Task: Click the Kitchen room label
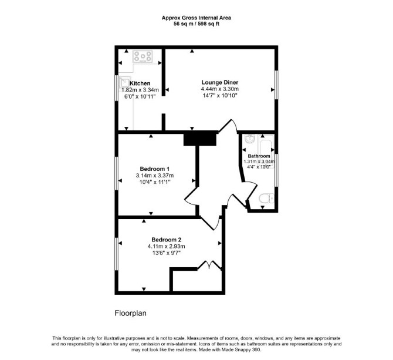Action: pos(140,83)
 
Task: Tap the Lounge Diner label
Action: pos(220,82)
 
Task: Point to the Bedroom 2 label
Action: pos(167,240)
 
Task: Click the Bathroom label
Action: pos(259,156)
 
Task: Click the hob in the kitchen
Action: pos(143,56)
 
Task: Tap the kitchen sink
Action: pos(124,83)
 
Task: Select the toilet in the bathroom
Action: pos(266,198)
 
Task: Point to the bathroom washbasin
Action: pos(249,139)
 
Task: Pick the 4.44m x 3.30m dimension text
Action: pos(220,89)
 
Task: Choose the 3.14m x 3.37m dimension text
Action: pos(155,176)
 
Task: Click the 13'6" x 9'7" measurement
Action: pos(167,253)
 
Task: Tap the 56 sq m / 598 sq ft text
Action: pos(196,24)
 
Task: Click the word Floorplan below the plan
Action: pos(131,314)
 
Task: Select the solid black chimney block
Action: pos(200,139)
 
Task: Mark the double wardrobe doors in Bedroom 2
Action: pos(209,265)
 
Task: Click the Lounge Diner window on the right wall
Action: pos(276,85)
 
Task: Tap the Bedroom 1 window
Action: pos(117,173)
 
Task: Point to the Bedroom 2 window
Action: pos(117,254)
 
